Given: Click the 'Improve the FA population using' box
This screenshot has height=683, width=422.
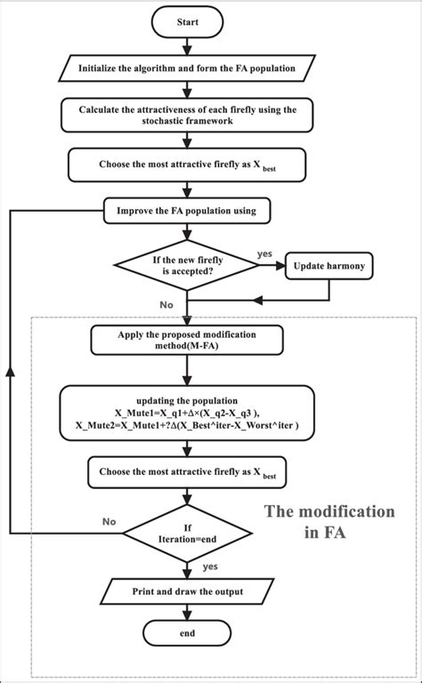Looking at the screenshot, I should pos(187,211).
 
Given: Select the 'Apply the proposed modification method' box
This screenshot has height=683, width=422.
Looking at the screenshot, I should pos(187,341).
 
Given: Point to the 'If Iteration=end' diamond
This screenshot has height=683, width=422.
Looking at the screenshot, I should pos(187,533).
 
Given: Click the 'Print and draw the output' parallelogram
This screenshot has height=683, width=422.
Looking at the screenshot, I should pos(187,591).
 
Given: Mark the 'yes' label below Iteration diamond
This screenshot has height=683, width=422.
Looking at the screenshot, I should pos(211,566).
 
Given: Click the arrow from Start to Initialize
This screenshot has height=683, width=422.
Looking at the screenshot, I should pos(187,46).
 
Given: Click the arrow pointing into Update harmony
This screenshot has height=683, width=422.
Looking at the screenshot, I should pos(272,265).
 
